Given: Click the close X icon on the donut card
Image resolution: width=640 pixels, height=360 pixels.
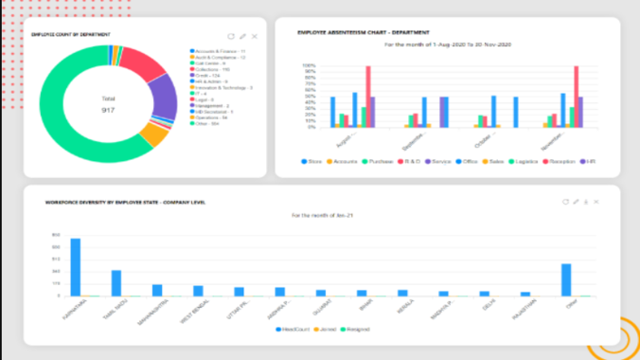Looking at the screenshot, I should point(255,36).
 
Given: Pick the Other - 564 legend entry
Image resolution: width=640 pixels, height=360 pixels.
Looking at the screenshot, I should point(209,123).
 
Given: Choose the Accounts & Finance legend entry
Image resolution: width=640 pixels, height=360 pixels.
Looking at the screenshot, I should point(220,51).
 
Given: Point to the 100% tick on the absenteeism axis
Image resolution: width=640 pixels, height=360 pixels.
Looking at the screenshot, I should point(310,66).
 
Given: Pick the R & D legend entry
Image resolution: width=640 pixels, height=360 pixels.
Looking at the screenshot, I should point(409,162).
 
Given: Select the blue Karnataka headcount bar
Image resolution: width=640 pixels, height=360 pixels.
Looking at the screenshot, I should point(75,267).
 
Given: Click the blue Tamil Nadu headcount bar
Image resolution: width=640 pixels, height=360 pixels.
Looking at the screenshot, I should point(116,283).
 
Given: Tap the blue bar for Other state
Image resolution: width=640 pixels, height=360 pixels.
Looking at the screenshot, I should point(566,280).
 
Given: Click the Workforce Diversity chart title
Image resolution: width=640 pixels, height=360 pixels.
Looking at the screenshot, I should point(125,202).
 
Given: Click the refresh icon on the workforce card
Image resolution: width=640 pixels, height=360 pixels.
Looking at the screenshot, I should point(564,202).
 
